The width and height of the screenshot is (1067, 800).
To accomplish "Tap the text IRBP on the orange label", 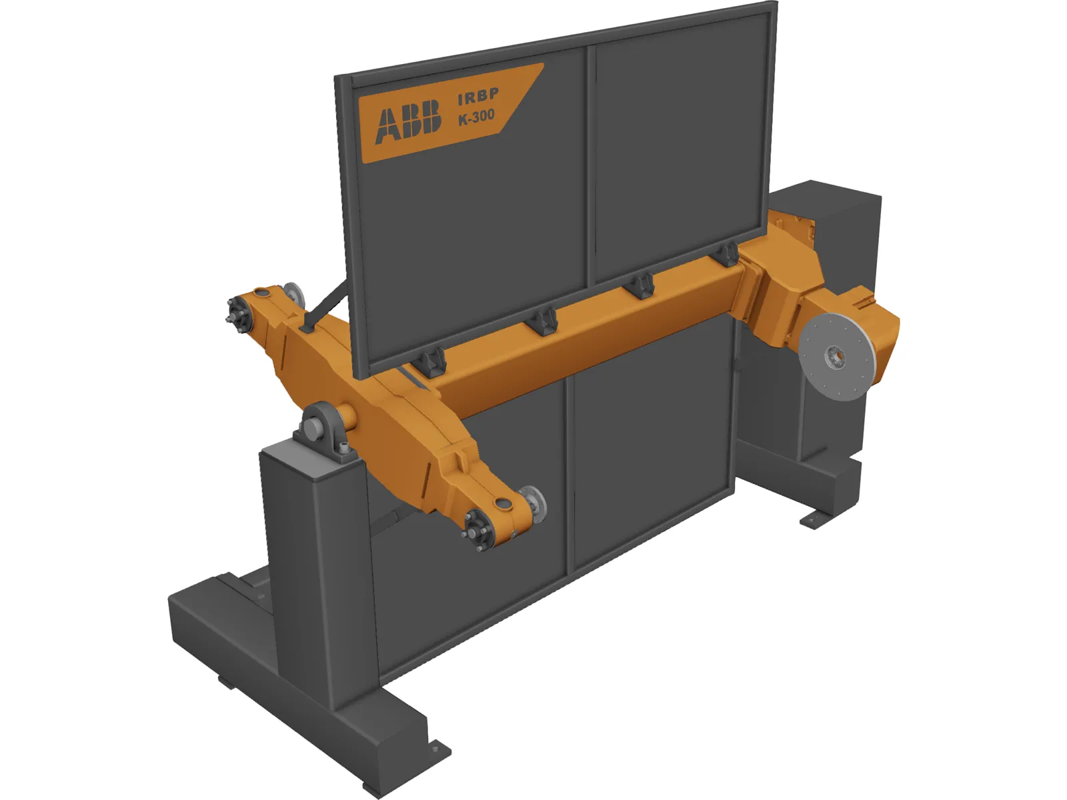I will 477,97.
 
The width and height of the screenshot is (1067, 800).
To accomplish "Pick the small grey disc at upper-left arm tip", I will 293,293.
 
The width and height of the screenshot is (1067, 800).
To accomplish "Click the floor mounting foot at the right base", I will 818,518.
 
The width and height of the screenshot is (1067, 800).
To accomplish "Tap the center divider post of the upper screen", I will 590,167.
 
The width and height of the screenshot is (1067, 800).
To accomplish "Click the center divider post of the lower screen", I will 570,473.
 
